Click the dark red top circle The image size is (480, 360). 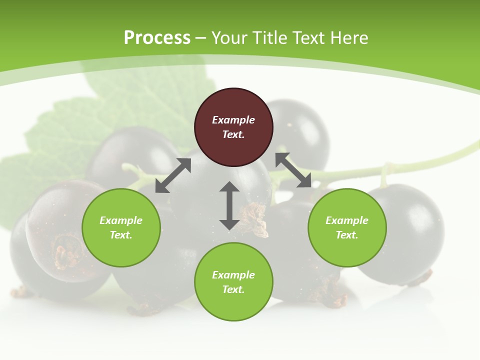coord(233,127)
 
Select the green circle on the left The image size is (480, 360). coord(121,227)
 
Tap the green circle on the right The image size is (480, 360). coord(347,227)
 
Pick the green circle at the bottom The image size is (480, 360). coord(233,282)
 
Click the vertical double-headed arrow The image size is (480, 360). coord(229,205)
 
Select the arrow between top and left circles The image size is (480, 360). coord(173,175)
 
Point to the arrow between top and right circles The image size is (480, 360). coord(293,170)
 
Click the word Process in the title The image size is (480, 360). coord(157,38)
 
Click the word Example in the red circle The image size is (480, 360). coord(233,120)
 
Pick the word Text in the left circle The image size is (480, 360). coord(121,235)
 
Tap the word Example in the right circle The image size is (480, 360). coord(347,220)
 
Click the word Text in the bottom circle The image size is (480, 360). coord(233,289)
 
